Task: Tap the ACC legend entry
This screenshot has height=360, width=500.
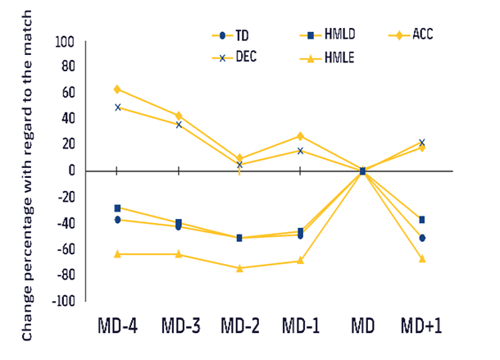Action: (x=413, y=35)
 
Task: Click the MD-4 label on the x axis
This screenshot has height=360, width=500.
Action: (x=116, y=325)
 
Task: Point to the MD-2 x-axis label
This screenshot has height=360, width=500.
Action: (x=240, y=325)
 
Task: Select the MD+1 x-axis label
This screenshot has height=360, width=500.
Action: (x=421, y=325)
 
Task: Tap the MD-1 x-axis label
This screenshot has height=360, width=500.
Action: (x=301, y=325)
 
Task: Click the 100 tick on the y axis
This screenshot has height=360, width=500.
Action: (x=63, y=41)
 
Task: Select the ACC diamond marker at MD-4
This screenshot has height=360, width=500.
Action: (x=117, y=89)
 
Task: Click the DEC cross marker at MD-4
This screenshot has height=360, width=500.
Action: (x=117, y=107)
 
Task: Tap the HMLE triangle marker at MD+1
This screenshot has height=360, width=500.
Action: (x=422, y=258)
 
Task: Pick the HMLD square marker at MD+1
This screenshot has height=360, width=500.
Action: (x=422, y=220)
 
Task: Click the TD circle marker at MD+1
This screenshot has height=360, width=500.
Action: (x=422, y=238)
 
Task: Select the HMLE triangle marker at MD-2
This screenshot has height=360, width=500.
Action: (x=239, y=268)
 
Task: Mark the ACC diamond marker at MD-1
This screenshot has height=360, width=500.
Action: (x=300, y=136)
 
